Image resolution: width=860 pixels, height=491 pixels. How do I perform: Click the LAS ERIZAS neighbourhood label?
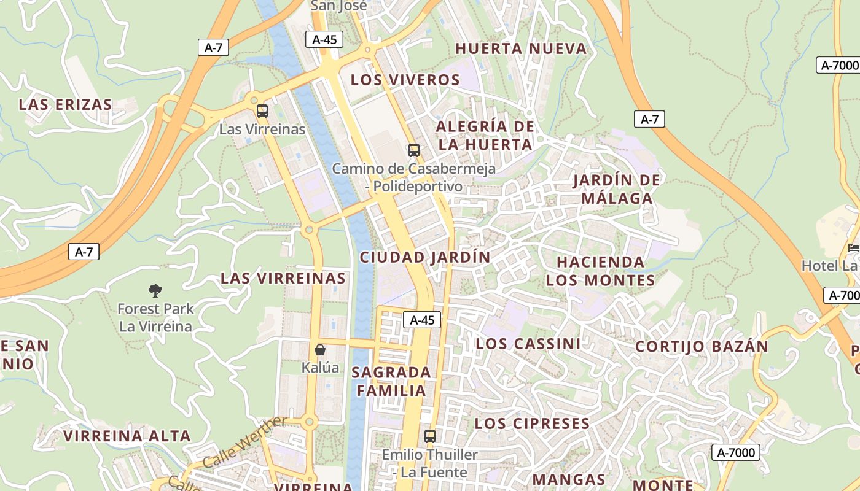[x=65, y=104]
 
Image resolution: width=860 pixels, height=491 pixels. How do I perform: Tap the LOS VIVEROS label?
[x=405, y=80]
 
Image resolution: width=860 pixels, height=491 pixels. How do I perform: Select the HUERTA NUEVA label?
[x=521, y=48]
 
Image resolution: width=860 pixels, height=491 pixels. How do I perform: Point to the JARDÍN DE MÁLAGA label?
[x=617, y=189]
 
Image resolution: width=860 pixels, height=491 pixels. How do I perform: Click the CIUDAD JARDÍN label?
[x=425, y=257]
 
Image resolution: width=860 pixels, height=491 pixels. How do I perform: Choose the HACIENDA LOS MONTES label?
[x=600, y=271]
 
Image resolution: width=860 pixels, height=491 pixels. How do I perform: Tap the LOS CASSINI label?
[x=528, y=344]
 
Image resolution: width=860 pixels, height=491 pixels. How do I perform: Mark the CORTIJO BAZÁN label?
[x=702, y=346]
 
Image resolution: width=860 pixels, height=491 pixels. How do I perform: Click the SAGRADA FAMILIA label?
[x=391, y=381]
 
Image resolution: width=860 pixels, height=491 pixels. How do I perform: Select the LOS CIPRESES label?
[x=532, y=423]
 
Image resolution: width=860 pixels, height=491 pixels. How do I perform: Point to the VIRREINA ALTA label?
[x=127, y=436]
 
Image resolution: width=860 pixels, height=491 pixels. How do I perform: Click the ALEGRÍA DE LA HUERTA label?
[x=484, y=136]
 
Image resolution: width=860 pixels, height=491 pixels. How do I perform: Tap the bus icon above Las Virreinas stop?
[x=262, y=111]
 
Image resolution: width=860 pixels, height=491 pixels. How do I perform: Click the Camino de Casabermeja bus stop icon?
[x=414, y=150]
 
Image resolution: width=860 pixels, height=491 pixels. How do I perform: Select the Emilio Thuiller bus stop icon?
[x=430, y=436]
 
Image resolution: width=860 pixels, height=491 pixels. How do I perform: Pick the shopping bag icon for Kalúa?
[x=320, y=350]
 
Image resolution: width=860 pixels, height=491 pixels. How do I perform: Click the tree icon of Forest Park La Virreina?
[x=155, y=290]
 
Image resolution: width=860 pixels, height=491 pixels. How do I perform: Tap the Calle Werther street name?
[x=244, y=442]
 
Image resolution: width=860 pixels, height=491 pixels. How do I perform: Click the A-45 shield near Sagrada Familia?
[x=422, y=320]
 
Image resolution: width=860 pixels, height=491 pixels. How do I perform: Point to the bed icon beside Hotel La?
[x=853, y=248]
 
